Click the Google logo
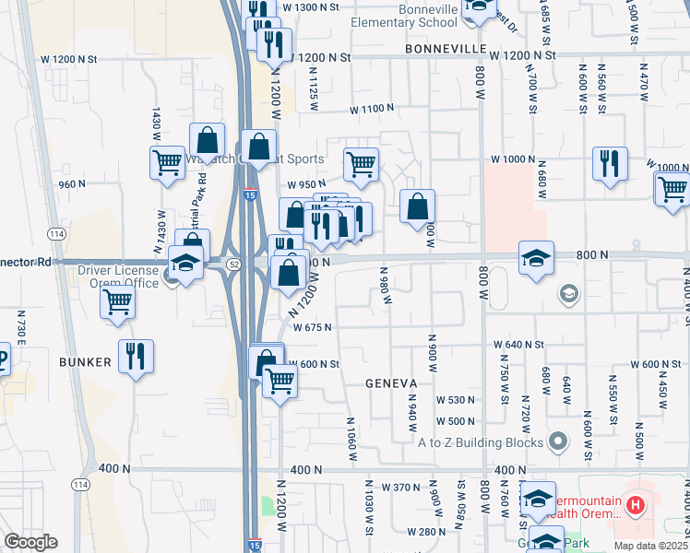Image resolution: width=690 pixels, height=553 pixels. coord(31,542)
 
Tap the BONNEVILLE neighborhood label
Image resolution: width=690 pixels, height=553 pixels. coord(444,47)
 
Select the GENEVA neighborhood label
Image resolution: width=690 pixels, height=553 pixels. coord(391,382)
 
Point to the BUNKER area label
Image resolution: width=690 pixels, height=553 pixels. coord(84,362)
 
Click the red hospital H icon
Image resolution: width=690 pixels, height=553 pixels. coord(634,505)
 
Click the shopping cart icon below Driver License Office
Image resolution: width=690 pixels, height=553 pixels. coord(118,301)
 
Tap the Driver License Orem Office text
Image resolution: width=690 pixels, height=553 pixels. coord(117,276)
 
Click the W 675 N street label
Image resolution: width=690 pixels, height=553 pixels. coord(312,326)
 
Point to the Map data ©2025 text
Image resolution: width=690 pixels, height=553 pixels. coord(649,545)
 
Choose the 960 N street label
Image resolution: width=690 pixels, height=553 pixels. coord(71,183)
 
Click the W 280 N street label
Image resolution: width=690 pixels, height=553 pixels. coord(427,532)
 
